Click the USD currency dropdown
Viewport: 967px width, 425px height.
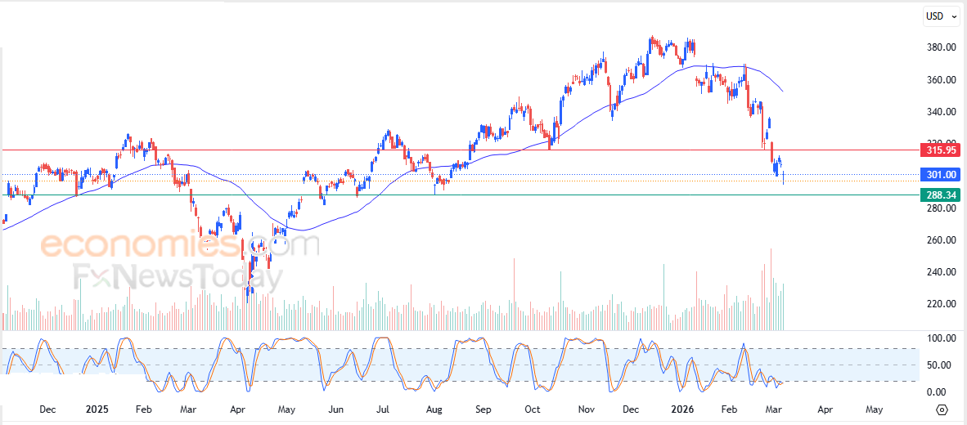pos(940,16)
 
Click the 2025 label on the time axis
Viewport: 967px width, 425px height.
pos(97,409)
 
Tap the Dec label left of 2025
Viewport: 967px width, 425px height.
pos(47,409)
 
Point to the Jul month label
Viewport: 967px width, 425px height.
pos(385,409)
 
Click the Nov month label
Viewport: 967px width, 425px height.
pos(584,409)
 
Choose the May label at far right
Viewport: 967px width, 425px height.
pos(874,409)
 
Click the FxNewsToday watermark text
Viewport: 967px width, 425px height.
pos(176,277)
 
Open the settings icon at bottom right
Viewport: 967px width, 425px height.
pos(942,409)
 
